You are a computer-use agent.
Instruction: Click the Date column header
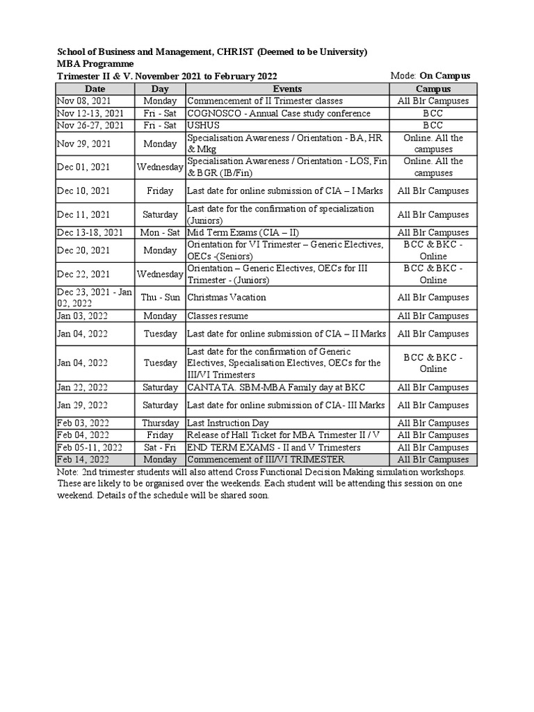point(95,89)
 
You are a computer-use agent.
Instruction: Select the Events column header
point(287,89)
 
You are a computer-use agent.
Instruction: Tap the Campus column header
point(433,89)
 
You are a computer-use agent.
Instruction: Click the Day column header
point(160,89)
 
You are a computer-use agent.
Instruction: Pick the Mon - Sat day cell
point(160,233)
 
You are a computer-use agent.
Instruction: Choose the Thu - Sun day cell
point(160,298)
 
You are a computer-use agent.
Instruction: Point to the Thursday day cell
point(160,423)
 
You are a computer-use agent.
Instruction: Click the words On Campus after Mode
point(444,76)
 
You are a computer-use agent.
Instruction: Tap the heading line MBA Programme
point(95,64)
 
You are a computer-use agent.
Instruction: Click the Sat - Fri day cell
point(160,448)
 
